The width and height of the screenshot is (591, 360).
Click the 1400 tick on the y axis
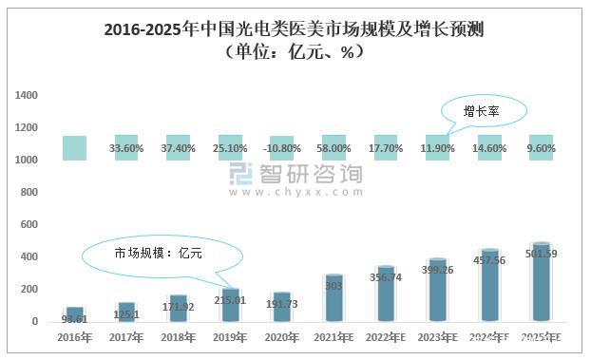pos(27,96)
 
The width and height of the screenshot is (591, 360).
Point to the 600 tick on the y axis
pos(29,225)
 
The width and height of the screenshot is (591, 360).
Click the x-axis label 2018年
pos(178,338)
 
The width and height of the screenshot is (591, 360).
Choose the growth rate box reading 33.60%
pos(126,148)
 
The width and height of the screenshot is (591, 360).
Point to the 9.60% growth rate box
pos(541,148)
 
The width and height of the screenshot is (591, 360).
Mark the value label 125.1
pos(126,314)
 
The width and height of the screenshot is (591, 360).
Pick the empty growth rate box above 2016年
pos(74,148)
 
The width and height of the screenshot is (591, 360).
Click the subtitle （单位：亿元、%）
pos(295,53)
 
